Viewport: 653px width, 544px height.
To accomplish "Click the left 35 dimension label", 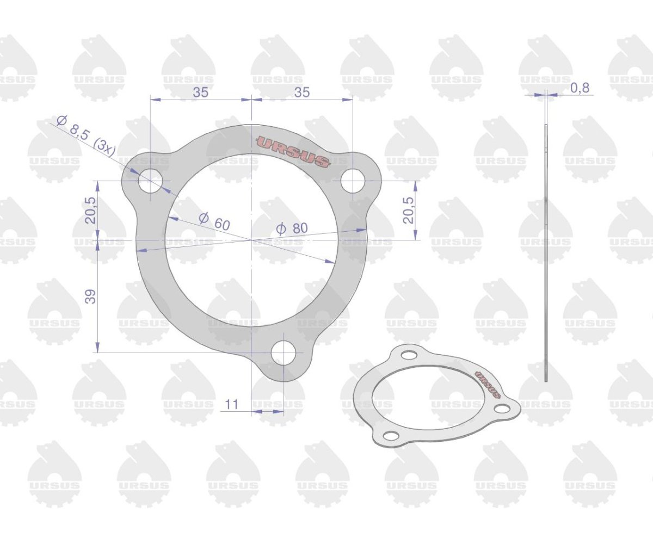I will coord(200,92).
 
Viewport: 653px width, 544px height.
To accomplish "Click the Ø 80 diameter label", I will coord(292,229).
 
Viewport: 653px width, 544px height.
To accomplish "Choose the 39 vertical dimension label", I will coord(91,296).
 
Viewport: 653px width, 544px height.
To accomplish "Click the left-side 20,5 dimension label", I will coord(91,210).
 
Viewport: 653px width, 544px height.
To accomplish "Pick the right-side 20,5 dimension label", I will coord(408,210).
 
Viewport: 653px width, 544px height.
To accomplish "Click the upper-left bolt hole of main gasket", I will coord(150,181).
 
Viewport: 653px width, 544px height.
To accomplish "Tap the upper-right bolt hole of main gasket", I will coord(353,181).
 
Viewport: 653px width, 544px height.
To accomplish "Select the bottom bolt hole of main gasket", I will coord(284,354).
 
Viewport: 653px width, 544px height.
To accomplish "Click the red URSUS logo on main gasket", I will coord(293,151).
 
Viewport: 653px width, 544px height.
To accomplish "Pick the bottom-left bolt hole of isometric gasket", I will coord(391,435).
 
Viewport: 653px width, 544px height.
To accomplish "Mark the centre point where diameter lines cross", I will coord(251,239).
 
